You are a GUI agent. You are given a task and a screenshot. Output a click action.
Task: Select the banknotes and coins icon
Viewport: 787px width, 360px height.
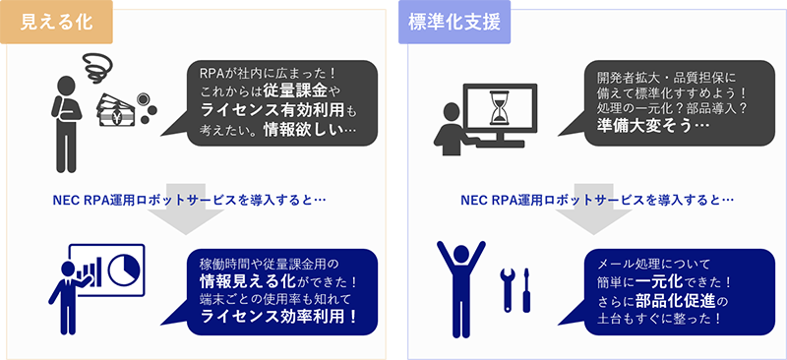(124, 109)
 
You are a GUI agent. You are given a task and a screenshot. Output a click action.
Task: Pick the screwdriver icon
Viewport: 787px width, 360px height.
(528, 285)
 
